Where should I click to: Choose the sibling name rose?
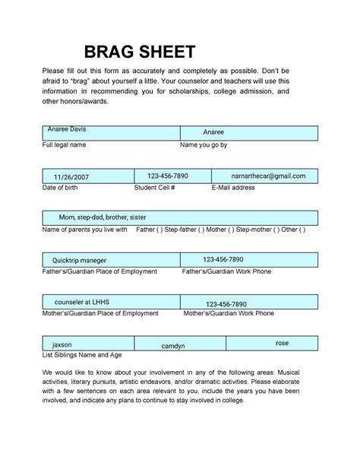click(282, 344)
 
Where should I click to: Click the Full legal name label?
click(63, 144)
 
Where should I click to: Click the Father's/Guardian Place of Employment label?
click(99, 271)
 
